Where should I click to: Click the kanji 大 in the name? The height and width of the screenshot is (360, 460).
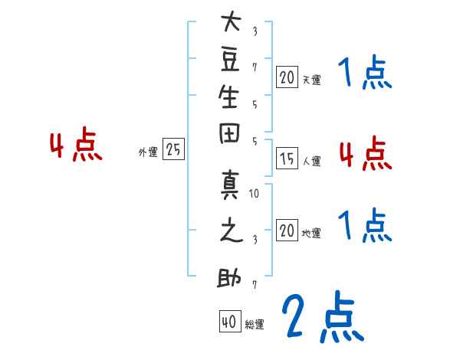pyautogui.click(x=231, y=21)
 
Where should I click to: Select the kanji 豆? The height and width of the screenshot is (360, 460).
pyautogui.click(x=230, y=60)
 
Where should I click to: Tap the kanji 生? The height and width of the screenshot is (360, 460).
pyautogui.click(x=228, y=97)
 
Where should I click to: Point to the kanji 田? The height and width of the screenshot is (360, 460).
pyautogui.click(x=229, y=133)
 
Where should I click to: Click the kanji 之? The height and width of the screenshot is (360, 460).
pyautogui.click(x=232, y=230)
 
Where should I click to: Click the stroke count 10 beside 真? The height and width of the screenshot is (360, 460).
pyautogui.click(x=254, y=193)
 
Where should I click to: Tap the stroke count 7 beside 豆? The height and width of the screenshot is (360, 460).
pyautogui.click(x=255, y=67)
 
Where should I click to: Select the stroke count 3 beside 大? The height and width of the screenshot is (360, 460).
pyautogui.click(x=255, y=31)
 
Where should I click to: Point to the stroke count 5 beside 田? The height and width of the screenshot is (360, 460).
pyautogui.click(x=255, y=142)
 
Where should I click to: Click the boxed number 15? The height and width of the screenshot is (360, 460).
pyautogui.click(x=287, y=159)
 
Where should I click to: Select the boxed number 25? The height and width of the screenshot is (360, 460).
pyautogui.click(x=173, y=149)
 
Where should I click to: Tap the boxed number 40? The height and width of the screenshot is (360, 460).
pyautogui.click(x=230, y=321)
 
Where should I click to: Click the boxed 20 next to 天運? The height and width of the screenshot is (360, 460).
pyautogui.click(x=287, y=77)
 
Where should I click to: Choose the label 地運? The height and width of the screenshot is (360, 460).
pyautogui.click(x=311, y=234)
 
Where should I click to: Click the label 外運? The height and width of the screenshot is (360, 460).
pyautogui.click(x=148, y=152)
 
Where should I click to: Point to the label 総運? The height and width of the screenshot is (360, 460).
pyautogui.click(x=255, y=325)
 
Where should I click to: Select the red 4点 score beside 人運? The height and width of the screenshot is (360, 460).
pyautogui.click(x=366, y=153)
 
